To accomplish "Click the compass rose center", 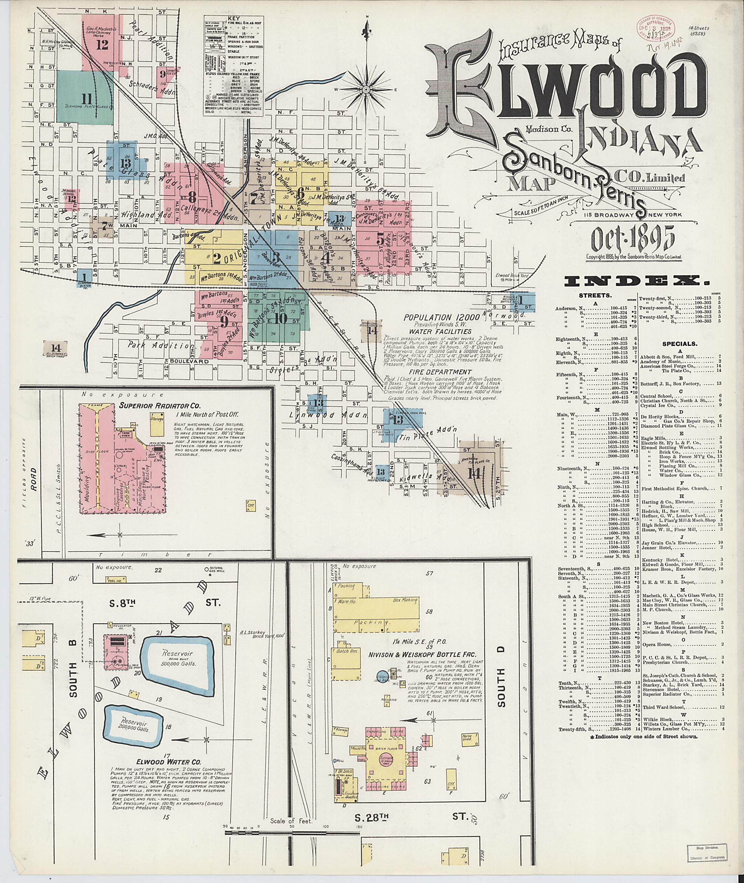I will coord(366,89).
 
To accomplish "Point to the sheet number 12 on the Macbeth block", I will coord(102,45).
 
